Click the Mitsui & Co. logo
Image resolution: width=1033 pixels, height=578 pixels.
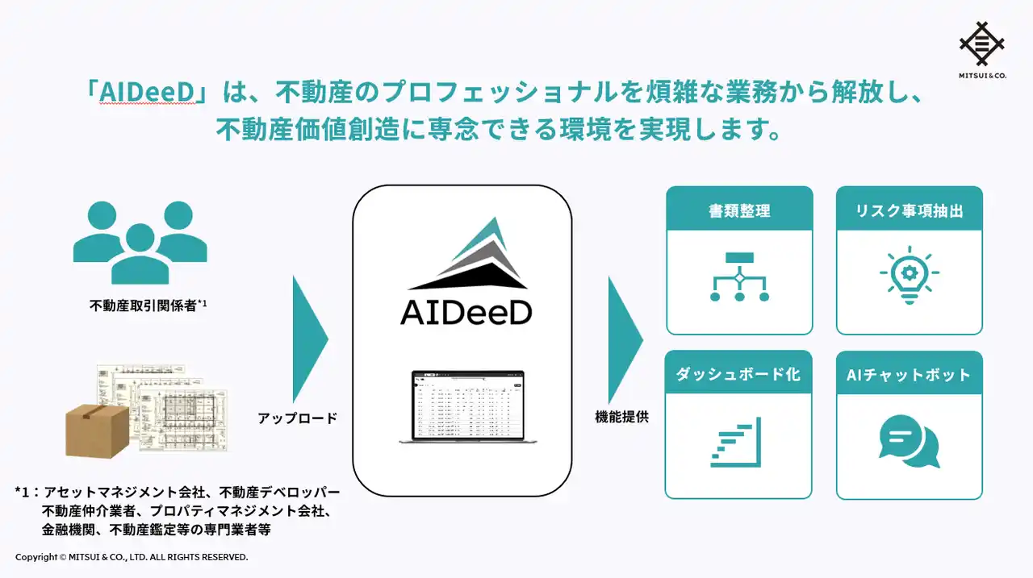(982, 48)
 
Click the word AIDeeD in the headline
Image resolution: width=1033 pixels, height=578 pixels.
(148, 94)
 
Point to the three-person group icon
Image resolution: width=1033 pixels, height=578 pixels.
(140, 241)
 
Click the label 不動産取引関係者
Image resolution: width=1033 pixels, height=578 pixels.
(144, 306)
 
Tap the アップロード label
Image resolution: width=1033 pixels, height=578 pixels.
(297, 418)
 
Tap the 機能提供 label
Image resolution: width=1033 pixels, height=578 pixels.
(621, 417)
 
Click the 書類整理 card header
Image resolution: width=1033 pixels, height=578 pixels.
(739, 210)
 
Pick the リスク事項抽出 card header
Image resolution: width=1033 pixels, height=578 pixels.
(909, 210)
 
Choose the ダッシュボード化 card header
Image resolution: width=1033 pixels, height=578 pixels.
(738, 374)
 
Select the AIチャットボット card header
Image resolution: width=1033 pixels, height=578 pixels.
(909, 374)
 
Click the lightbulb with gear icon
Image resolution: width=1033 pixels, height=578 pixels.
(909, 275)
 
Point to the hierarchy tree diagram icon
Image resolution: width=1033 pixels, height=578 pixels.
(739, 277)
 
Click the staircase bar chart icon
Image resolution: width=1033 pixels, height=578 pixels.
(736, 443)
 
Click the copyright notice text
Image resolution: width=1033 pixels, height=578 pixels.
(132, 557)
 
